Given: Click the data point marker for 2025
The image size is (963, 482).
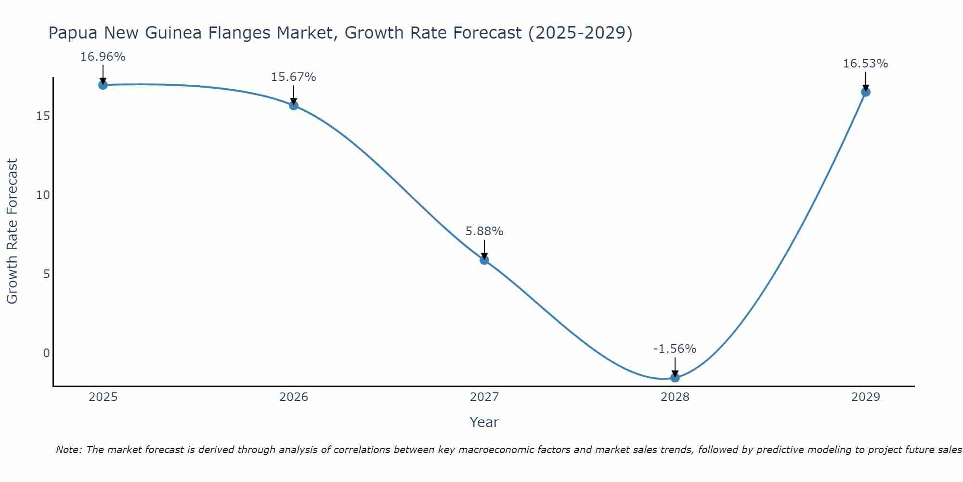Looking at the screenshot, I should point(103,85).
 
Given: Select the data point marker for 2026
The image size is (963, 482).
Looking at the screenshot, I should point(294,106).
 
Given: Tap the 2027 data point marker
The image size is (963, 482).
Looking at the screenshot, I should point(484,260).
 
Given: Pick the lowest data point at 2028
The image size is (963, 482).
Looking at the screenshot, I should point(675,377).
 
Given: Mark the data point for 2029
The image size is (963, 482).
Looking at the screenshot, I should point(866,92).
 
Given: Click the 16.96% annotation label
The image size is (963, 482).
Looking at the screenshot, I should point(103,57).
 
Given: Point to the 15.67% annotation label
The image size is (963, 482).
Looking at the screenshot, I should point(294,77).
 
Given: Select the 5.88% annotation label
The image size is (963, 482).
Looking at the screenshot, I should point(484,231).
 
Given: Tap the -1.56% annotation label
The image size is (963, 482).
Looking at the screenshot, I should point(675,349).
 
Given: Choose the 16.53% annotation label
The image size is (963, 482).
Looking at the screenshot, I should point(866,64).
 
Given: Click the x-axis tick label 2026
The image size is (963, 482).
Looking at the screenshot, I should point(294,397).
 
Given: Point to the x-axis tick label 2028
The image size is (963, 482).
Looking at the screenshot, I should point(675,397).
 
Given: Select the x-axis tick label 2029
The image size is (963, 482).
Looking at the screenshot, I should point(866,397).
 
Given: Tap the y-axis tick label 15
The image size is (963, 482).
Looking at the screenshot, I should point(43,116).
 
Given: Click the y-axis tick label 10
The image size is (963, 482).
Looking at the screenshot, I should point(43,195).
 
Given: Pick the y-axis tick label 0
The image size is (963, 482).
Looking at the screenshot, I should point(46,353).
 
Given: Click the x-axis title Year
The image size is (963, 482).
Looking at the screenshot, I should point(484,422).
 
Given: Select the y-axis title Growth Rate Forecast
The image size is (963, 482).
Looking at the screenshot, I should point(13,231).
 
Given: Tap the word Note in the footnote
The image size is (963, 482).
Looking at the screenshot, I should point(68,450).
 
